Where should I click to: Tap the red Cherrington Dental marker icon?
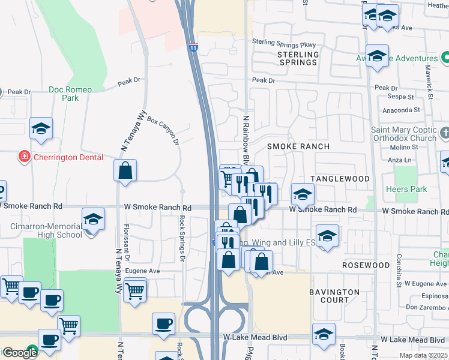pyautogui.click(x=25, y=157)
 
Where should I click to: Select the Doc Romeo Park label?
pyautogui.click(x=70, y=94)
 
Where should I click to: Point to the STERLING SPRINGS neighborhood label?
pyautogui.click(x=298, y=58)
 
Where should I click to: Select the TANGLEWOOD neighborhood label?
pyautogui.click(x=340, y=179)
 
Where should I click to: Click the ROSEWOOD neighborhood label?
pyautogui.click(x=366, y=265)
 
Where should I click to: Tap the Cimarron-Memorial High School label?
pyautogui.click(x=46, y=230)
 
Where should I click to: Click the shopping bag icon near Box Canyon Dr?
pyautogui.click(x=125, y=170)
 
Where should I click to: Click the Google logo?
pyautogui.click(x=19, y=353)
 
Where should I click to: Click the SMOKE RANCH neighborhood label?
pyautogui.click(x=298, y=146)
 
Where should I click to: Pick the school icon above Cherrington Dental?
pyautogui.click(x=41, y=128)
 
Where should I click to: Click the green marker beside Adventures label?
pyautogui.click(x=445, y=58)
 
